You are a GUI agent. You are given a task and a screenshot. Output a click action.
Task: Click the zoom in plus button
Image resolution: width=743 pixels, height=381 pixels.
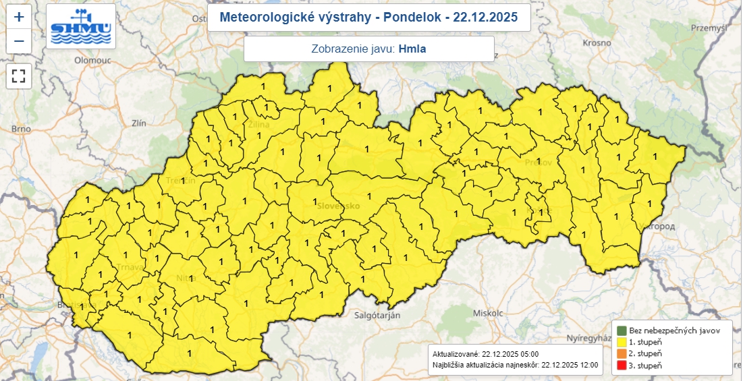pyautogui.click(x=19, y=17)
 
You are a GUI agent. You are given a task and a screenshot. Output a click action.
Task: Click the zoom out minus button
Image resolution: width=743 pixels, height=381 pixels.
pyautogui.click(x=19, y=41)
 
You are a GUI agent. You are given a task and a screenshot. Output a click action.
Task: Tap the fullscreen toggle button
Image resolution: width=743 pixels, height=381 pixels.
pyautogui.click(x=19, y=76)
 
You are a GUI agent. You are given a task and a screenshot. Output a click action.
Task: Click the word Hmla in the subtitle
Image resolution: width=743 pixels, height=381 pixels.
pyautogui.click(x=412, y=49)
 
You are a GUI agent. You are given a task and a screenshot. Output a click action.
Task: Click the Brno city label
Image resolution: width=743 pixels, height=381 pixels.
pyautogui.click(x=22, y=129)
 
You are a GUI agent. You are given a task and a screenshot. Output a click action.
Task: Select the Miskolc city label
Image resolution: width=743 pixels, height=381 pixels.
pyautogui.click(x=489, y=314)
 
